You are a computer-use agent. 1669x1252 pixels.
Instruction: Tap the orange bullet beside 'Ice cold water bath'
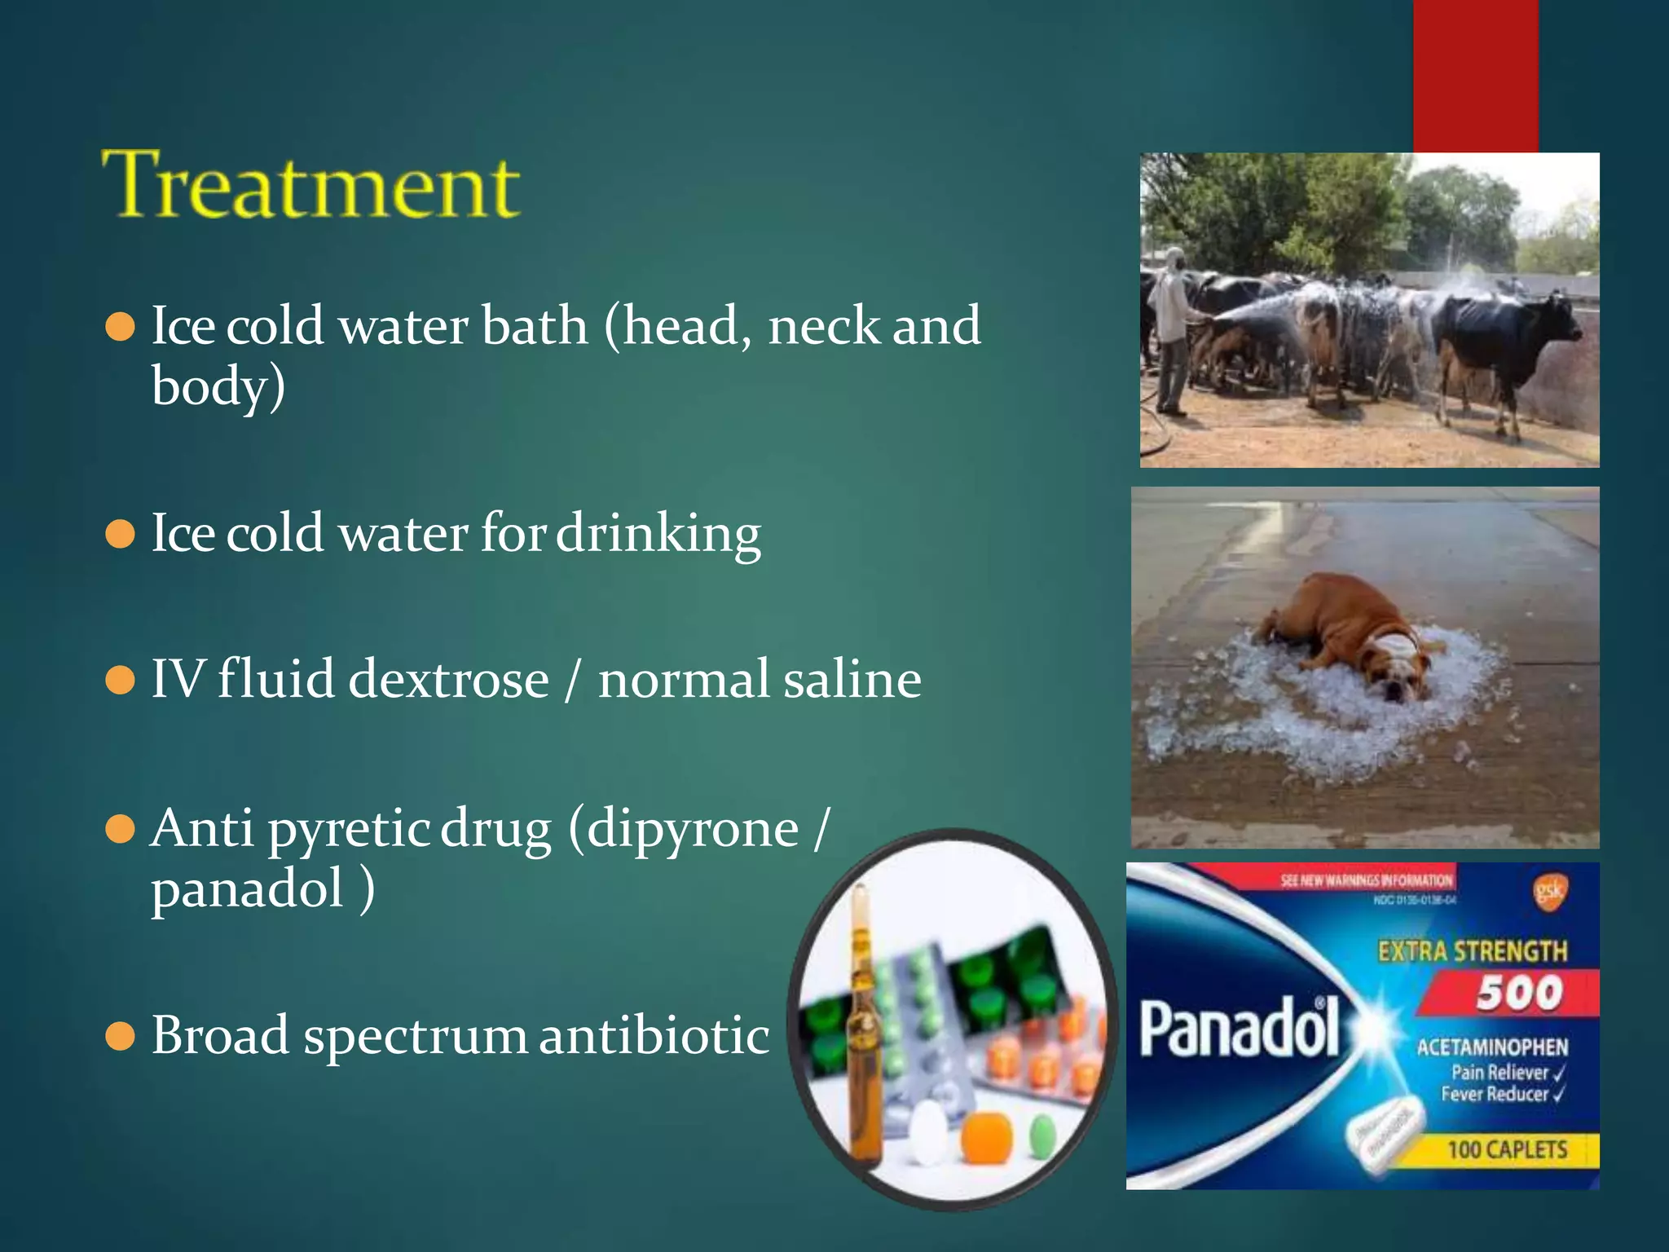point(121,327)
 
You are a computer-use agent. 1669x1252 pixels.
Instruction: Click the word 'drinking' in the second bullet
point(658,534)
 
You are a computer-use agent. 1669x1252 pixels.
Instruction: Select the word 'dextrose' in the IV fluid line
point(448,679)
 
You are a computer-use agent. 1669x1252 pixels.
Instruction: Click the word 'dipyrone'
point(693,829)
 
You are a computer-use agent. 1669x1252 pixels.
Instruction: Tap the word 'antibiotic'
point(654,1036)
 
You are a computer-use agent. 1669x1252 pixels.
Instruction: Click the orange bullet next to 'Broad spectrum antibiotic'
point(121,1037)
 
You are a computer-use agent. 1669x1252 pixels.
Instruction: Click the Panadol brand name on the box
point(1239,1029)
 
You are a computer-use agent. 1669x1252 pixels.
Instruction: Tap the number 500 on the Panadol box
point(1519,994)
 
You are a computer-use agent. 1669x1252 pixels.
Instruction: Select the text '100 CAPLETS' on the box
point(1507,1150)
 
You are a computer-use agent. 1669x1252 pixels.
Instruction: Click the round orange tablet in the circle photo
point(986,1136)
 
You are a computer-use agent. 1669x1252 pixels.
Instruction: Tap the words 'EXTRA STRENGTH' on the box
point(1472,951)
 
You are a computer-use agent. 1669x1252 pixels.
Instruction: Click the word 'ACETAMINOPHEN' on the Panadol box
point(1491,1047)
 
